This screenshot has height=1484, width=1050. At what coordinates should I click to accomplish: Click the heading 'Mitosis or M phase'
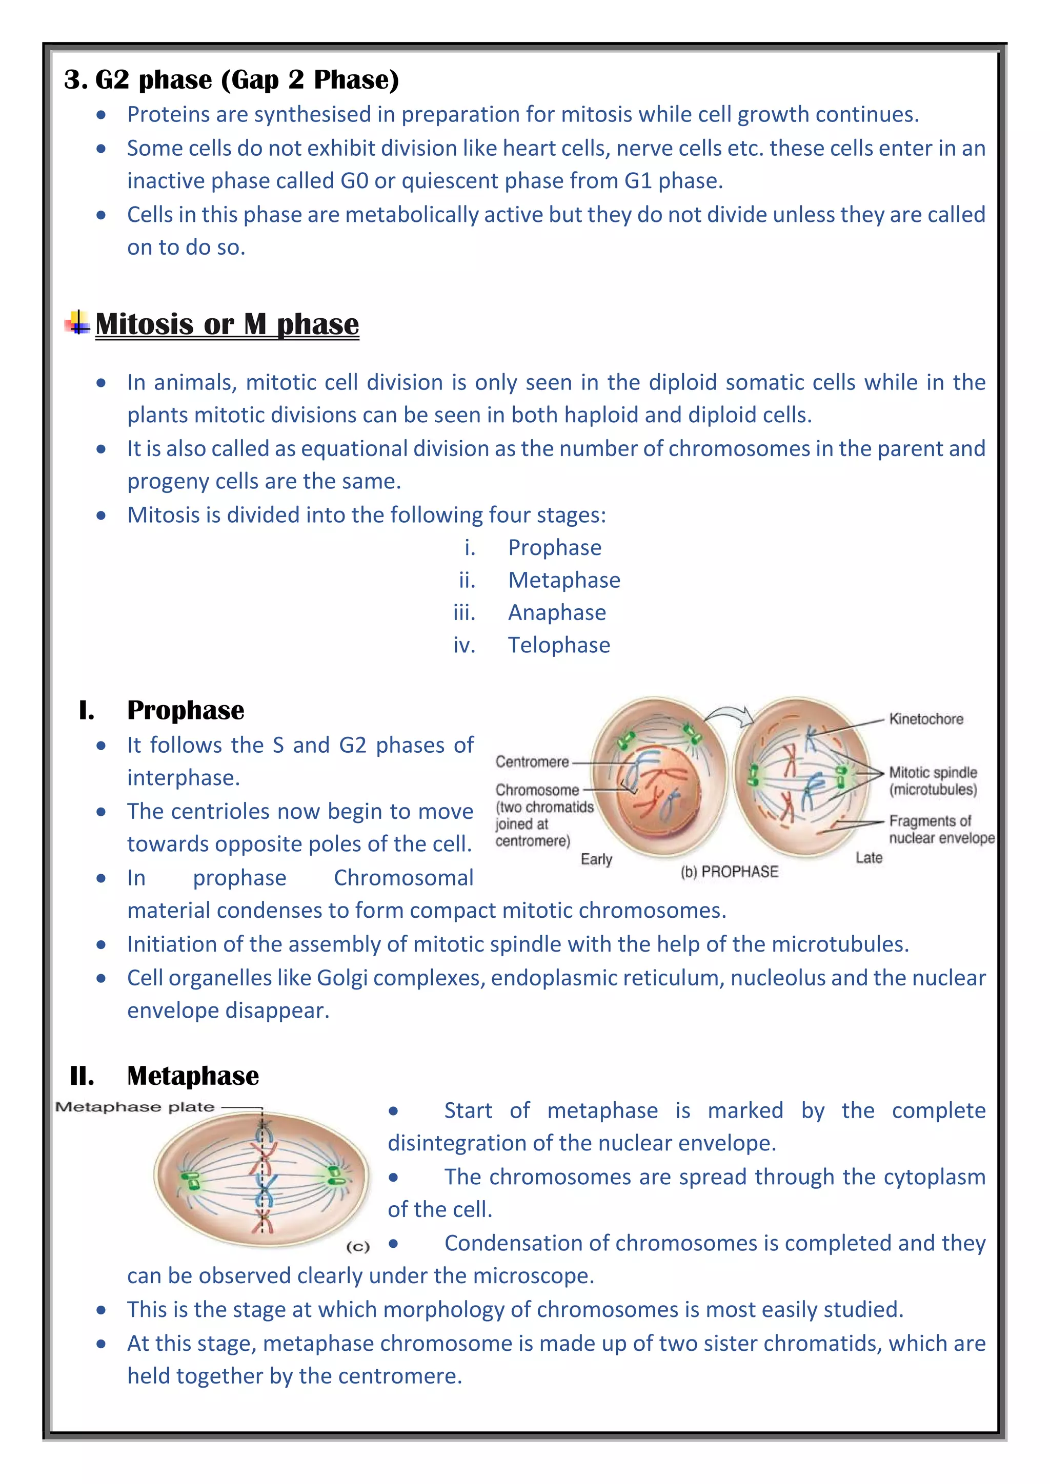coord(227,324)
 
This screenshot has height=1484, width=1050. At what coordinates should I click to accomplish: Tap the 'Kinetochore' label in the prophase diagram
coord(926,719)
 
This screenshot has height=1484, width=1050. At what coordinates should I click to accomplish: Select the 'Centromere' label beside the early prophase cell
coord(532,761)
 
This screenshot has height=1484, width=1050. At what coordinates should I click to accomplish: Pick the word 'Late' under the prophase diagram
coord(869,858)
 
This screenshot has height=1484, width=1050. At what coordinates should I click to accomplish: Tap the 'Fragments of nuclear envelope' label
coord(941,829)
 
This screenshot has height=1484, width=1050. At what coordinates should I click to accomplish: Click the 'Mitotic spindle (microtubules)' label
coord(932,781)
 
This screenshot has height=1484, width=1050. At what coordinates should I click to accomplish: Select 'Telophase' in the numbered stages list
coord(559,645)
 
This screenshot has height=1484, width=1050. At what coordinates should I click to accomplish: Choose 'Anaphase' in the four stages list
coord(557,612)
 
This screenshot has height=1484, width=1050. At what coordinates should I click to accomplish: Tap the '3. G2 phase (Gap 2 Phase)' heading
coord(231,79)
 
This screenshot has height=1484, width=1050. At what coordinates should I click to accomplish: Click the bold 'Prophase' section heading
coord(186,710)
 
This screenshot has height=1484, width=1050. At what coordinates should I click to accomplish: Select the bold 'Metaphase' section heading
coord(193,1076)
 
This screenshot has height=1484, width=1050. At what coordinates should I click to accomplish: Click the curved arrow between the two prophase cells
coord(730,714)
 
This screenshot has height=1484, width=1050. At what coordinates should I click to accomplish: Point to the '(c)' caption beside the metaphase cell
coord(357,1247)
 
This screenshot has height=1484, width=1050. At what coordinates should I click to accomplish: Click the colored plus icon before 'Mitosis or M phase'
coord(77,322)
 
